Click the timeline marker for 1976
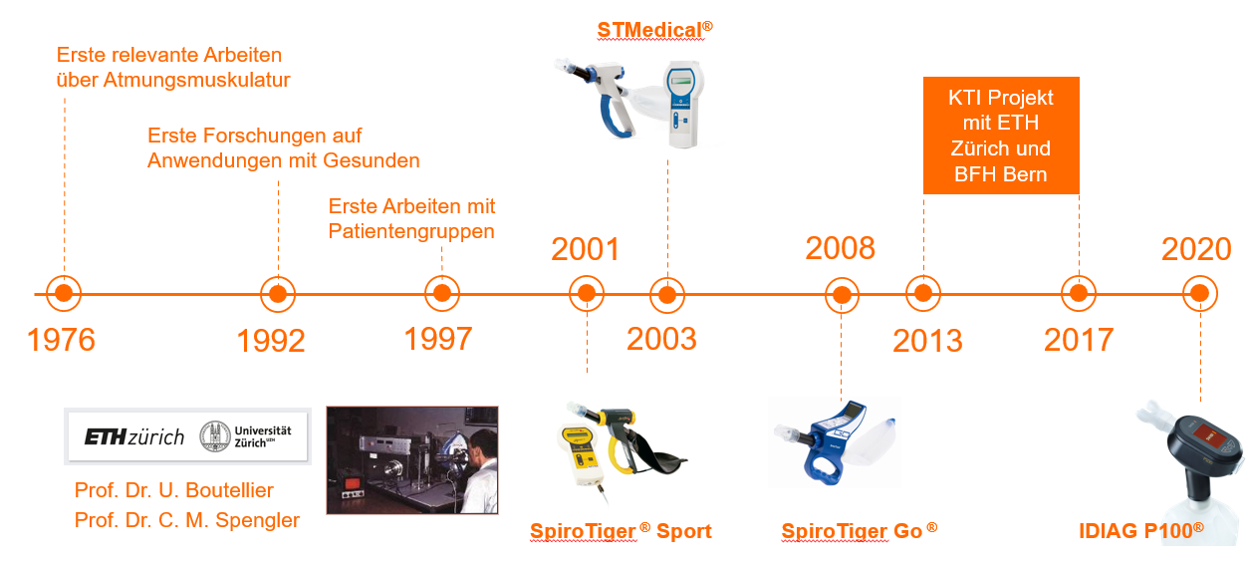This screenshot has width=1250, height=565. click(64, 293)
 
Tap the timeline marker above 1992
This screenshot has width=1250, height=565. click(278, 294)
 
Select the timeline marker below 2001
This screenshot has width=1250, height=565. click(587, 293)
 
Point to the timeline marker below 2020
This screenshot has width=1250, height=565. click(1200, 293)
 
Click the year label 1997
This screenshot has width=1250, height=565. click(438, 339)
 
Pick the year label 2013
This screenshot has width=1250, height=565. click(927, 341)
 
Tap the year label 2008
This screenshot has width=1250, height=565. click(840, 248)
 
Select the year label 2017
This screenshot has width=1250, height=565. click(1079, 340)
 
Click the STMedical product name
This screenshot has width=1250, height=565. click(654, 30)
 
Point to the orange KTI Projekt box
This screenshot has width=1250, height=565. click(1001, 136)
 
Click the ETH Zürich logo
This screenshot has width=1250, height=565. click(134, 436)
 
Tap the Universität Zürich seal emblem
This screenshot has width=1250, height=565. click(215, 436)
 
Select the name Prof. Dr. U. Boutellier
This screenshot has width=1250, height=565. click(173, 490)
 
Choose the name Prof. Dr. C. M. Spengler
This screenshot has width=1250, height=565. click(187, 520)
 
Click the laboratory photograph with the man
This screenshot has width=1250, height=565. click(412, 460)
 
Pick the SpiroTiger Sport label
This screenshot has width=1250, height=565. click(621, 531)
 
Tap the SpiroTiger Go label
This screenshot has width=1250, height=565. click(860, 531)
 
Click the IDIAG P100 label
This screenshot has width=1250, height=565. click(1141, 531)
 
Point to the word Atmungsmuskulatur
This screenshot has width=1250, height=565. click(196, 80)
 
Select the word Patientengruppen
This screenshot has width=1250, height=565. click(411, 232)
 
